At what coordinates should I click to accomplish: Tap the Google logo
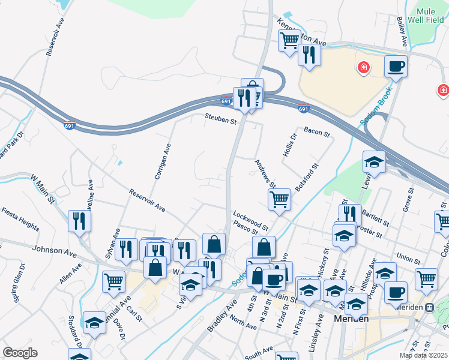coord(20,353)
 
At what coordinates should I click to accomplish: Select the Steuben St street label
coord(220,120)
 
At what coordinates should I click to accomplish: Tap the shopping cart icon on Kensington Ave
coord(289,40)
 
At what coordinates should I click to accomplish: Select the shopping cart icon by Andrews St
coord(279,199)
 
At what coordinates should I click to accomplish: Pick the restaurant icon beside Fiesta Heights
coord(79,220)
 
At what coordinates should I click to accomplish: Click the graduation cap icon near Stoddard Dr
coord(94,322)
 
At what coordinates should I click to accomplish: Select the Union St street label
coord(408,259)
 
